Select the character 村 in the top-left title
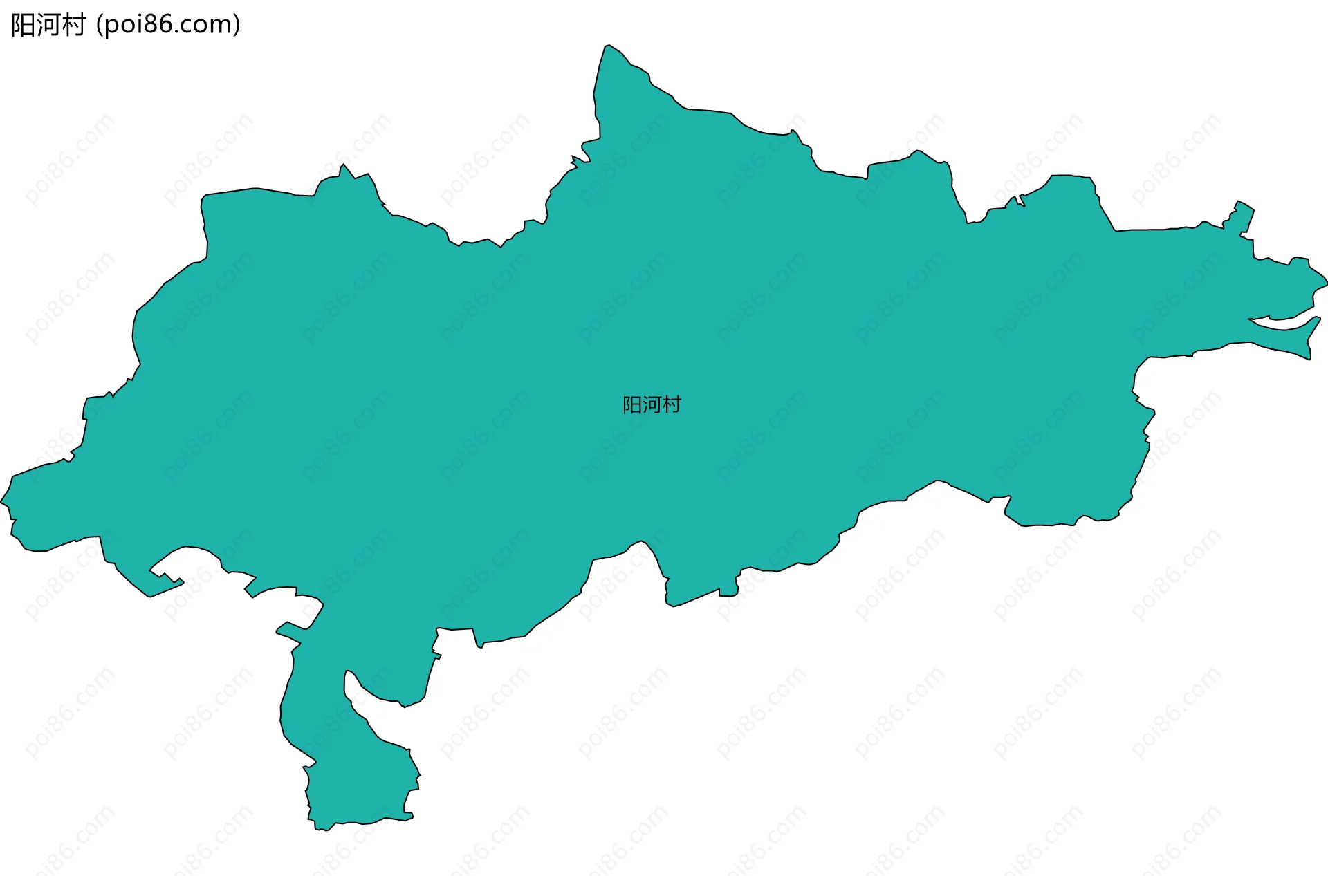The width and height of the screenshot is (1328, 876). point(73,26)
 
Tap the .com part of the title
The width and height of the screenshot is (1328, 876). point(203,26)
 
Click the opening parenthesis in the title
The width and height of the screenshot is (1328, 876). point(100,26)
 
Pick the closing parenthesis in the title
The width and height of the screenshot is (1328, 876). point(237,26)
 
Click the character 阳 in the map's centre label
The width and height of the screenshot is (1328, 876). point(632,405)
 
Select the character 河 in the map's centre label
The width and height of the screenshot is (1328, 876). point(652,405)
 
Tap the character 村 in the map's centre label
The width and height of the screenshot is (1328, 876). point(672,405)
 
